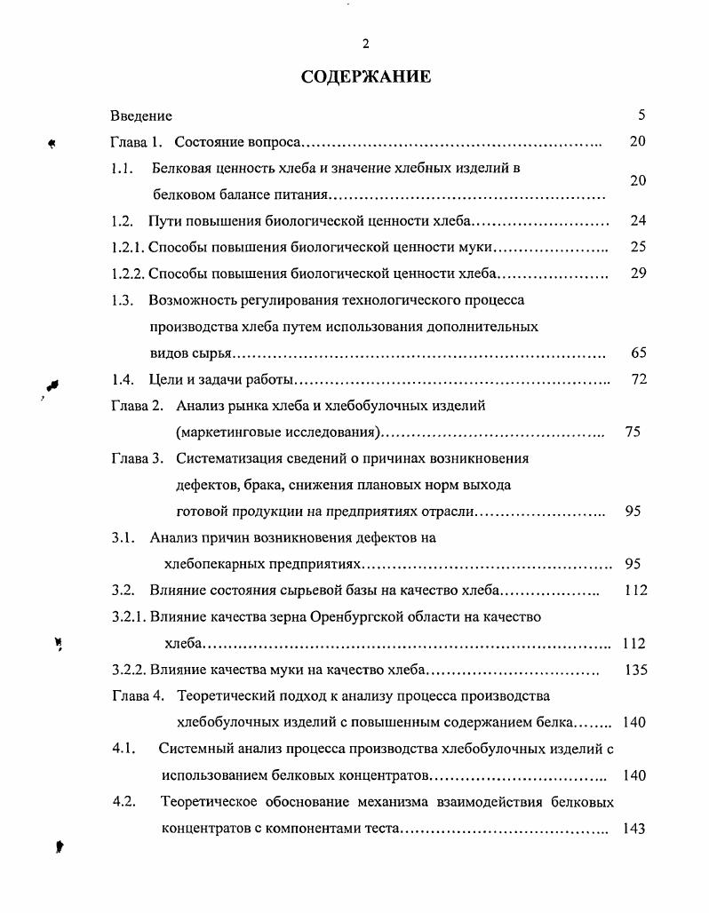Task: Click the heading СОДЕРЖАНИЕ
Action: [x=366, y=76]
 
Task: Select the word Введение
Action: [x=141, y=115]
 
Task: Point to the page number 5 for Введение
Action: [x=641, y=115]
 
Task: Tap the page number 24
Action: [x=637, y=220]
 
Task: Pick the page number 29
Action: [x=637, y=274]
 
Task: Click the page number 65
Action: [x=638, y=353]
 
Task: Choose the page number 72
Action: [x=638, y=380]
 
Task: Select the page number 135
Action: [x=635, y=671]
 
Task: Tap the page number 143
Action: [x=633, y=829]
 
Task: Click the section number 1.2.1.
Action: [x=128, y=248]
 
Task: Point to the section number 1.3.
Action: [x=123, y=300]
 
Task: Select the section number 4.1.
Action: [x=123, y=749]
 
